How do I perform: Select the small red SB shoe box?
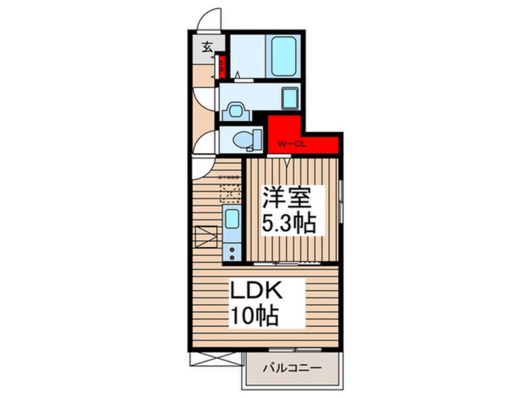pos(221,65)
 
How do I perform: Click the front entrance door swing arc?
pos(209,19)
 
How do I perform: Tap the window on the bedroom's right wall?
pos(340,202)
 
